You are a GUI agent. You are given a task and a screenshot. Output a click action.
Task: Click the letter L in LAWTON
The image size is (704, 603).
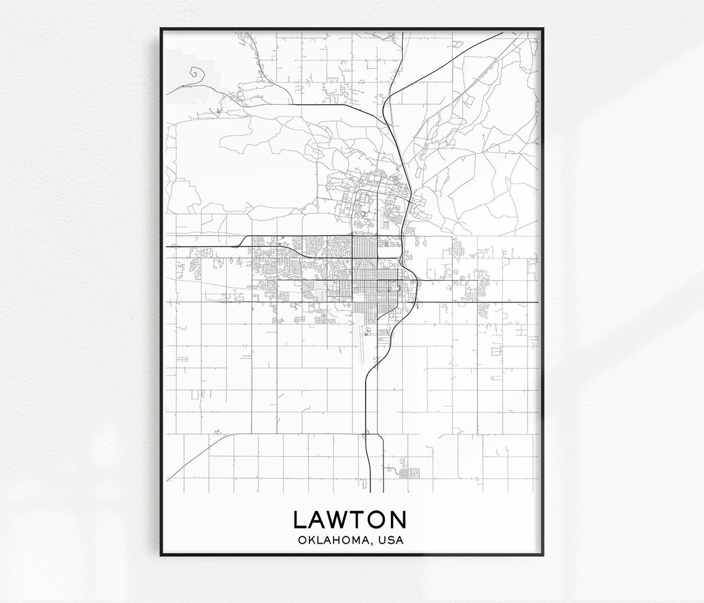300,520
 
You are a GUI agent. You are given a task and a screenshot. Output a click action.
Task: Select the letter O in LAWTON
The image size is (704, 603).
375,520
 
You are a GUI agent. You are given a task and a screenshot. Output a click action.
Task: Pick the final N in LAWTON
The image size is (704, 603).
397,520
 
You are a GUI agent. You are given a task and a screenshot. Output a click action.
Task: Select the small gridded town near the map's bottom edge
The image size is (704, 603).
408,473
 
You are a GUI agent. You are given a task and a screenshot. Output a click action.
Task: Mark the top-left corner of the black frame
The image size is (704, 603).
162,29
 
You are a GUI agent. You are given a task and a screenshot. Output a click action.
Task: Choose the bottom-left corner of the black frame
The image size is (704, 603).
162,554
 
